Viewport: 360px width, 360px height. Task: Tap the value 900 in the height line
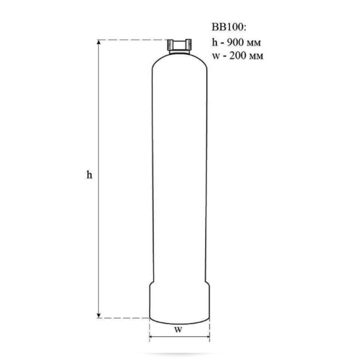pos(236,42)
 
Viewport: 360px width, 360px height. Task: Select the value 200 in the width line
pos(238,56)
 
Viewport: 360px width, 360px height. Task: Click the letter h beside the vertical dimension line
pos(90,174)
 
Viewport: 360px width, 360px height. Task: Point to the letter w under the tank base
pos(179,330)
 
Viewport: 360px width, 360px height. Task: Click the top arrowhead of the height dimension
pos(98,42)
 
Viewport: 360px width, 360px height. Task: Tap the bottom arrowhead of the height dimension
pos(98,315)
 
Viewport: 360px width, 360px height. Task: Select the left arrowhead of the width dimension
pos(152,336)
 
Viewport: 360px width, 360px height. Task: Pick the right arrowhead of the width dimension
pos(207,336)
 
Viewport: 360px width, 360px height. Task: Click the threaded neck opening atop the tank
pos(179,45)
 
